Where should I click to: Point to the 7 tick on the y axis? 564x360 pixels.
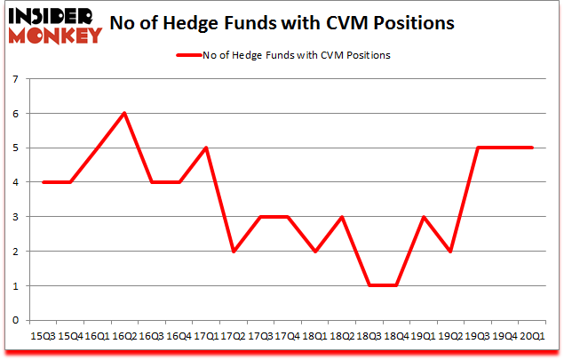16,79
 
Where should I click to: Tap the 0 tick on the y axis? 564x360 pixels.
16,320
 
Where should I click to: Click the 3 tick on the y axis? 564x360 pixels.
16,217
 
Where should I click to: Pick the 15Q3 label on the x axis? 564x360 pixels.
42,336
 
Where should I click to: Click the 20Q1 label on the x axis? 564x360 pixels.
532,336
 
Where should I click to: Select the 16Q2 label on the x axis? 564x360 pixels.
123,336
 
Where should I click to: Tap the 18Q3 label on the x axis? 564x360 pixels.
369,336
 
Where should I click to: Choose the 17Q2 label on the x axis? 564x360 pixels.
233,336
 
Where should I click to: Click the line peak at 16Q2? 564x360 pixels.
123,114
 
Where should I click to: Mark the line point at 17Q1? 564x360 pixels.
205,148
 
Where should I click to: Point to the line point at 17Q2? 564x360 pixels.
233,252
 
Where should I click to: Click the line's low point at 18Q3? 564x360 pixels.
369,285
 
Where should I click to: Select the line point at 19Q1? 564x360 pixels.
423,217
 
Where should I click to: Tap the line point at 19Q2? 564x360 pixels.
450,252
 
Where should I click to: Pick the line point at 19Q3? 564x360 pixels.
478,148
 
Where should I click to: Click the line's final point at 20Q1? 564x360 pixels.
532,148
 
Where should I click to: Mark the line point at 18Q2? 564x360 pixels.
341,217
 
